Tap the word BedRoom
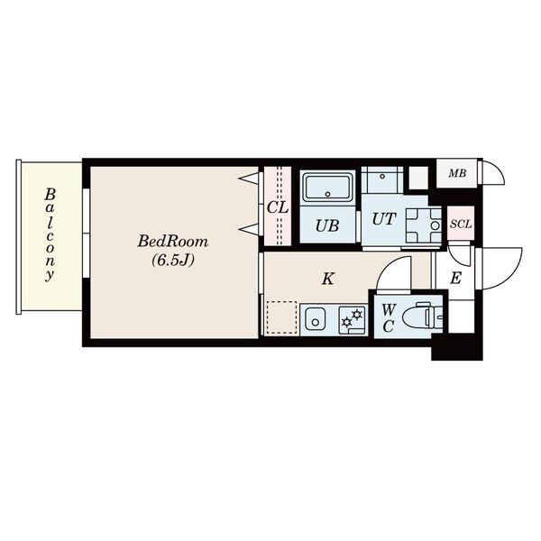tap(173, 242)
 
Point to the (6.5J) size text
tap(173, 261)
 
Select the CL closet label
tap(278, 207)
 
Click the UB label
tap(327, 225)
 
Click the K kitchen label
tap(328, 279)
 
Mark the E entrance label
tap(455, 278)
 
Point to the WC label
tap(389, 317)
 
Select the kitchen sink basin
tap(315, 319)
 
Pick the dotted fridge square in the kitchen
tap(280, 317)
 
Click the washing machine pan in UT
tap(421, 225)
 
